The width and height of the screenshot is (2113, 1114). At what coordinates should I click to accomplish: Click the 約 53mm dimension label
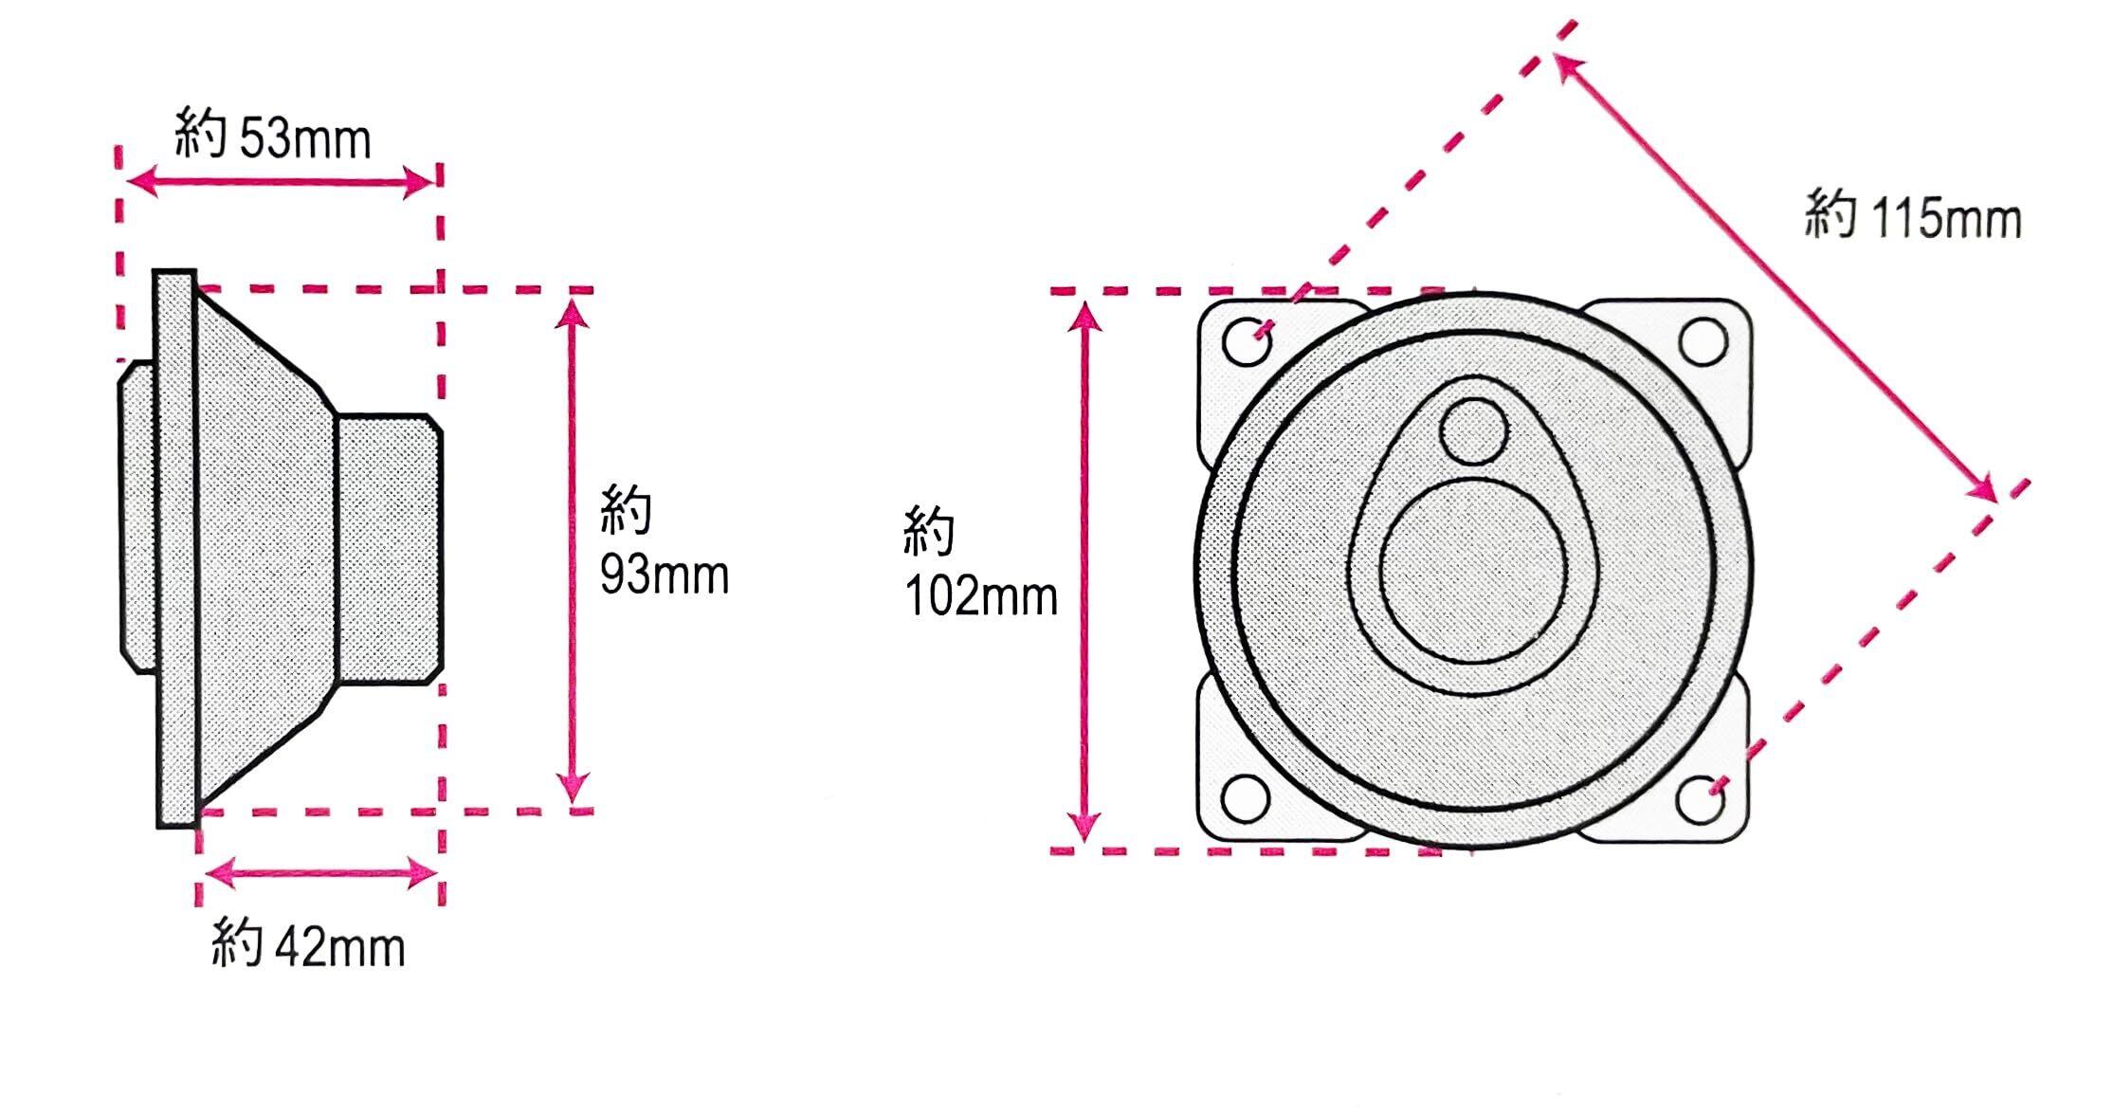click(x=273, y=138)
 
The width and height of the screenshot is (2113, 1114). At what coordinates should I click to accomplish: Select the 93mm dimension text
click(x=665, y=575)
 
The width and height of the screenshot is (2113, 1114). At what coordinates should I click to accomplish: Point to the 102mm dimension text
click(x=980, y=597)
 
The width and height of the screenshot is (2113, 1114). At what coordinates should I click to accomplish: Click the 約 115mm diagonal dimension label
click(x=1913, y=217)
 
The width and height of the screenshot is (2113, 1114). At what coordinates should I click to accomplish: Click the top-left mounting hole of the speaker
click(x=1246, y=341)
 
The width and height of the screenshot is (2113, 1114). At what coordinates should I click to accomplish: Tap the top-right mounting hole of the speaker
click(x=1703, y=341)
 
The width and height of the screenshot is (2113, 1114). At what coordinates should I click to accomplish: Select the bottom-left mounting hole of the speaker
click(x=1246, y=799)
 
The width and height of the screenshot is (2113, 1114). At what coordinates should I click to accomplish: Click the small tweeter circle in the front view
click(x=1472, y=431)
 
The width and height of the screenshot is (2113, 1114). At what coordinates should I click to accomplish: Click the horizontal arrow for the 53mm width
click(x=280, y=181)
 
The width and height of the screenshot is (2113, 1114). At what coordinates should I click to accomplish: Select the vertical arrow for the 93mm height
click(x=573, y=550)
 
